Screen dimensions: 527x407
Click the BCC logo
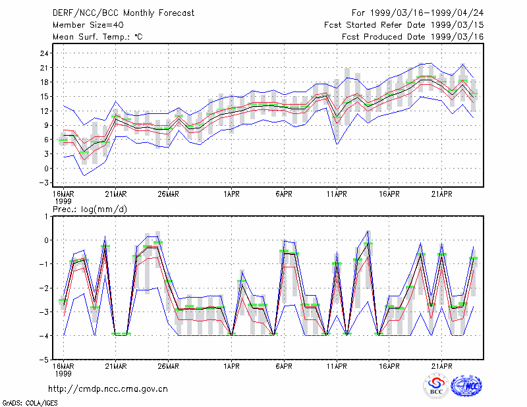point(436,386)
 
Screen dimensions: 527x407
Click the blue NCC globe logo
point(466,386)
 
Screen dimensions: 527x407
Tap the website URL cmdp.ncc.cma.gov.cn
point(108,389)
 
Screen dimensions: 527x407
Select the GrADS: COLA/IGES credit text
point(30,403)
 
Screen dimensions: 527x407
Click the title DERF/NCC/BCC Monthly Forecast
point(123,13)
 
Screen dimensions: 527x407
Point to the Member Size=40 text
point(88,25)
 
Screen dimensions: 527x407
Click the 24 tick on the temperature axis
point(44,53)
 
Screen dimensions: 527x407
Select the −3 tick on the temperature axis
point(43,183)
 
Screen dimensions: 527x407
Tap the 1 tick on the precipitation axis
point(46,217)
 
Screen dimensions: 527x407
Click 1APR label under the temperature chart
point(232,194)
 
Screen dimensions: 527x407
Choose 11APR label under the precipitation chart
point(337,366)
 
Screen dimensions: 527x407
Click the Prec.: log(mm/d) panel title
point(90,209)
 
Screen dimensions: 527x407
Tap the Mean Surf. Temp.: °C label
point(97,37)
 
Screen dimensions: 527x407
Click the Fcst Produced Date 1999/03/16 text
point(413,37)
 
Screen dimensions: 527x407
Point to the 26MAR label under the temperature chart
point(169,194)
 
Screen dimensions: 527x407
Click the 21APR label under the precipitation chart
point(441,366)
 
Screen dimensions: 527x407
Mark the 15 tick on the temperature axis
point(44,96)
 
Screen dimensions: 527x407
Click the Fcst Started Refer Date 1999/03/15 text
point(404,25)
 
